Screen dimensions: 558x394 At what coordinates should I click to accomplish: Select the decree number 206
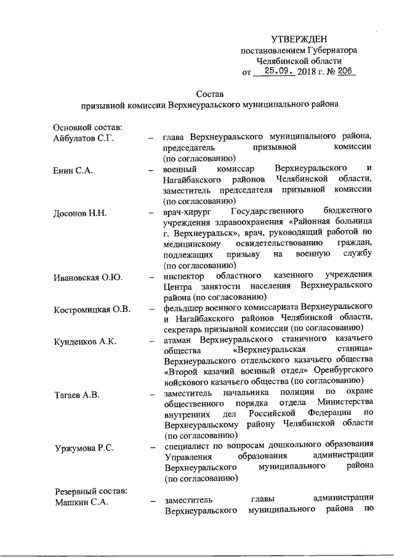click(345, 72)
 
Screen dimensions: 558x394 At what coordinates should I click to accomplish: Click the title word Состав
click(208, 94)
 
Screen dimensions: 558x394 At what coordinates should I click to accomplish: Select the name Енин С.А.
click(73, 170)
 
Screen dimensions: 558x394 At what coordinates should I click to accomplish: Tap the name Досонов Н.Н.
click(81, 213)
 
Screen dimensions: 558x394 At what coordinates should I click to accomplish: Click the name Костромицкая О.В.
click(92, 309)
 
